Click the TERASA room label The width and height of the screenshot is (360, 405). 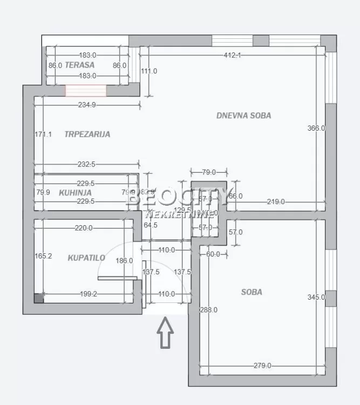coord(80,65)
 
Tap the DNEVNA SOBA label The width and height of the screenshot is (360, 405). coord(243,115)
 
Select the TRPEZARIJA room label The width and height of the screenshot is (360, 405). coord(87,134)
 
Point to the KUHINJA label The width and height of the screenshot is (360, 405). coord(75,192)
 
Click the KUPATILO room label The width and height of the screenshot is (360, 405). coord(86,258)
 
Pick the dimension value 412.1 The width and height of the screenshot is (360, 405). coord(232,55)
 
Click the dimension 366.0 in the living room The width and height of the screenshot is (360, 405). coord(316,128)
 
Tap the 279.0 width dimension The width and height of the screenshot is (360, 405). coord(262,366)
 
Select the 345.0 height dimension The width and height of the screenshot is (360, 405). coord(316,296)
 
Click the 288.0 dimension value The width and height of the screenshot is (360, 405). coord(209,310)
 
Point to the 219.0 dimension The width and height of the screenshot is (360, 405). coord(275,201)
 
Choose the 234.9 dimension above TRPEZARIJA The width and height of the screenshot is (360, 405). coord(86,105)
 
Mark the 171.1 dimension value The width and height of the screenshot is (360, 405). coord(43,134)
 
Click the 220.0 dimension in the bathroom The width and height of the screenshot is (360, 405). coord(84,228)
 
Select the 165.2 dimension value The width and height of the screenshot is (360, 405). coord(43,256)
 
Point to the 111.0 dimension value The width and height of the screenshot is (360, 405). coord(149,71)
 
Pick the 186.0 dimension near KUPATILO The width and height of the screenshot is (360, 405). coord(124,260)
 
